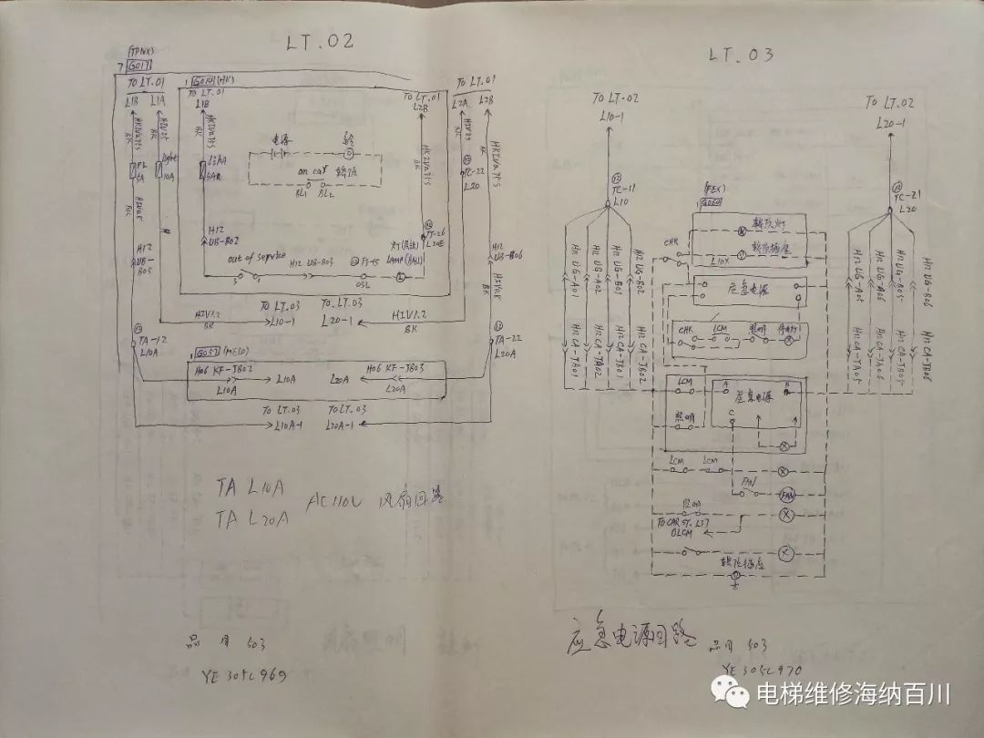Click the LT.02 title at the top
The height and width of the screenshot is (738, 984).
pos(319,41)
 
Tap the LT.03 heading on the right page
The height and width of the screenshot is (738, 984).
pos(741,55)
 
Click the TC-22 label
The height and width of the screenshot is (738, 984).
pos(475,171)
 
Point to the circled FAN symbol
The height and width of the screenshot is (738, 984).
pos(788,495)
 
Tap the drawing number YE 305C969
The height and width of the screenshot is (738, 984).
pos(243,675)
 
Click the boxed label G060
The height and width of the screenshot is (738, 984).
pos(712,201)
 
